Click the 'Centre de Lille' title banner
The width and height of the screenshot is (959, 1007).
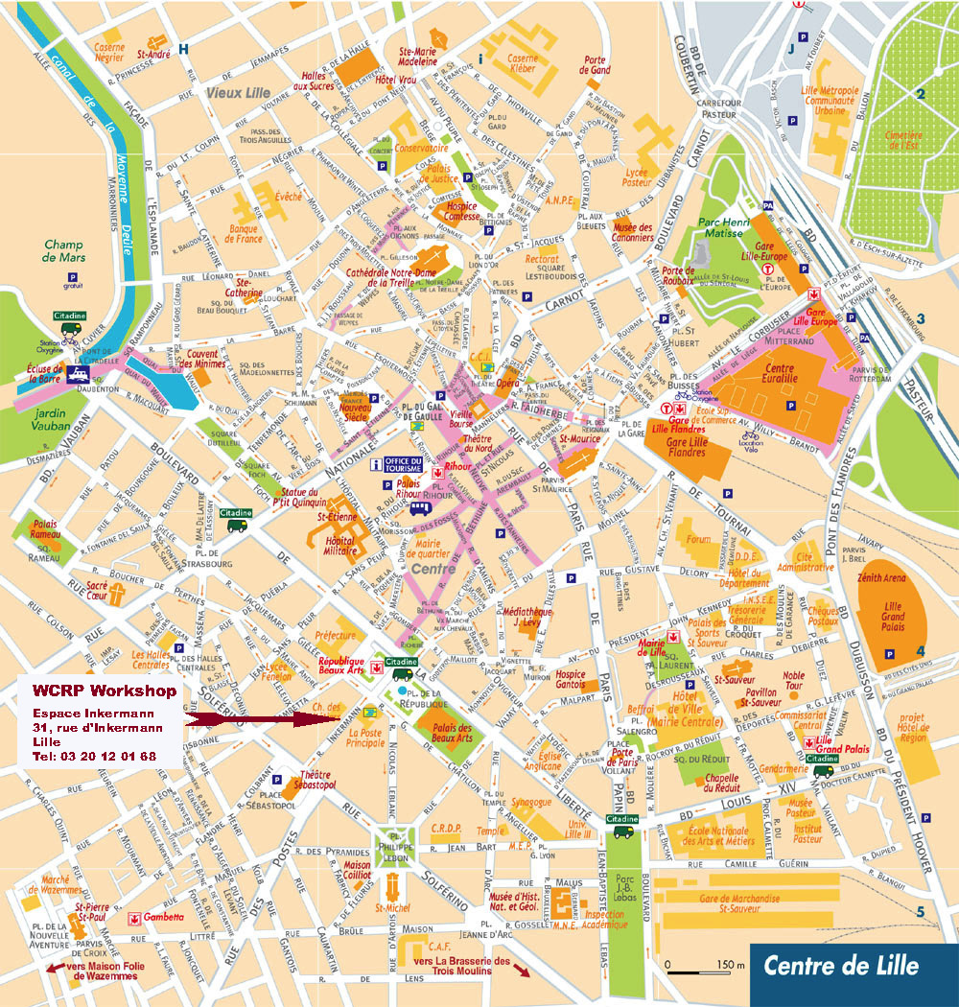click(x=840, y=966)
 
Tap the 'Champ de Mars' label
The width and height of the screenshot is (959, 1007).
click(x=64, y=251)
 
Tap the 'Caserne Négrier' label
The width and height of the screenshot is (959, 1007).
click(x=109, y=52)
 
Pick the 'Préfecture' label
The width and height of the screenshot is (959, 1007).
click(x=335, y=634)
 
